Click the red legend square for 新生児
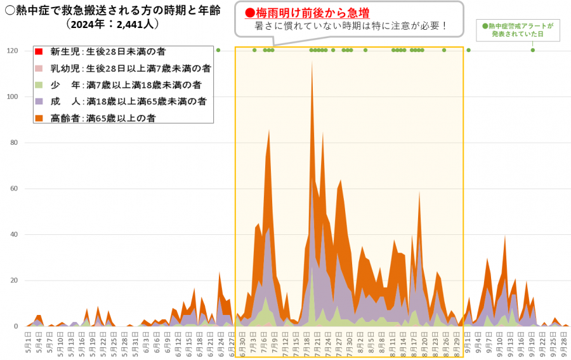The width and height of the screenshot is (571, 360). pyautogui.click(x=39, y=51)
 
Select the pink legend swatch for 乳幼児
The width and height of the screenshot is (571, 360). pyautogui.click(x=39, y=68)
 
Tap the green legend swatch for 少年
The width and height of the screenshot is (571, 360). pyautogui.click(x=39, y=84)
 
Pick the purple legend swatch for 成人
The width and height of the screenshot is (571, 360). pyautogui.click(x=39, y=101)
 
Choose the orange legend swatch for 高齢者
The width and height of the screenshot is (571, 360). pyautogui.click(x=39, y=117)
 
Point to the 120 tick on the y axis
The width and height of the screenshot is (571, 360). pyautogui.click(x=12, y=51)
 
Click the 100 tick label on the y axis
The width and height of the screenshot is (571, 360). pyautogui.click(x=12, y=97)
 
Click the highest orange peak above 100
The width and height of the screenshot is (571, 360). pyautogui.click(x=312, y=63)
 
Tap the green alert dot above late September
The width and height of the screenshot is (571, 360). pyautogui.click(x=532, y=50)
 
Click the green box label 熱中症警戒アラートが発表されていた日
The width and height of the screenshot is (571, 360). pyautogui.click(x=518, y=29)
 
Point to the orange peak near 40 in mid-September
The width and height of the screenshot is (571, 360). pyautogui.click(x=505, y=237)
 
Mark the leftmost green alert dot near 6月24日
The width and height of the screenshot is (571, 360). pyautogui.click(x=218, y=50)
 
